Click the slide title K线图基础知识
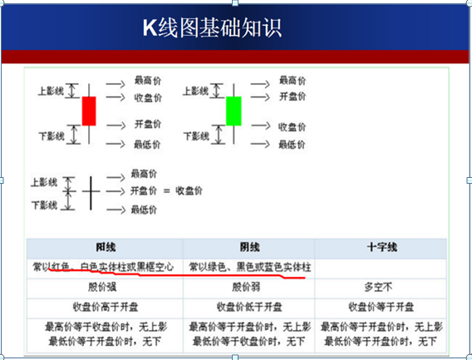211,27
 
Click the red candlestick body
89,111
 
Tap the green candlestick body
234,111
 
